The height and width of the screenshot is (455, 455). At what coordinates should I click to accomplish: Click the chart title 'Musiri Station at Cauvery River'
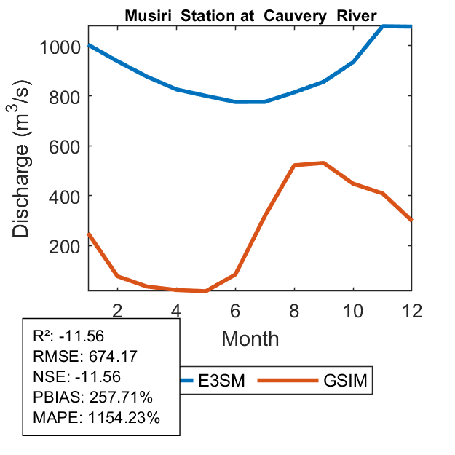pos(250,15)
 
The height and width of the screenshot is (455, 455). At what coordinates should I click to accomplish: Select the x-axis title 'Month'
pos(250,338)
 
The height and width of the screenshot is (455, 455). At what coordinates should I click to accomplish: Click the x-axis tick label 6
pos(235,310)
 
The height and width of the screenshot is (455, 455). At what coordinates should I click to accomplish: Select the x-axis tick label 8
pos(294,310)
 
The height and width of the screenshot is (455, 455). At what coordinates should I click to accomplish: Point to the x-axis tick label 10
pos(353,310)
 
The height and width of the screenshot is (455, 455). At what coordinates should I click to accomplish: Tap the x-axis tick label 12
pos(412,310)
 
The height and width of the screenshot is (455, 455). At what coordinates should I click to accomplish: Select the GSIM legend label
pos(344,381)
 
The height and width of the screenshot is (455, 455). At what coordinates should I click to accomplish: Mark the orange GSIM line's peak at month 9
pos(323,163)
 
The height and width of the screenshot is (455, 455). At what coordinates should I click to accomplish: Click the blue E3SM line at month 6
pos(235,102)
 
